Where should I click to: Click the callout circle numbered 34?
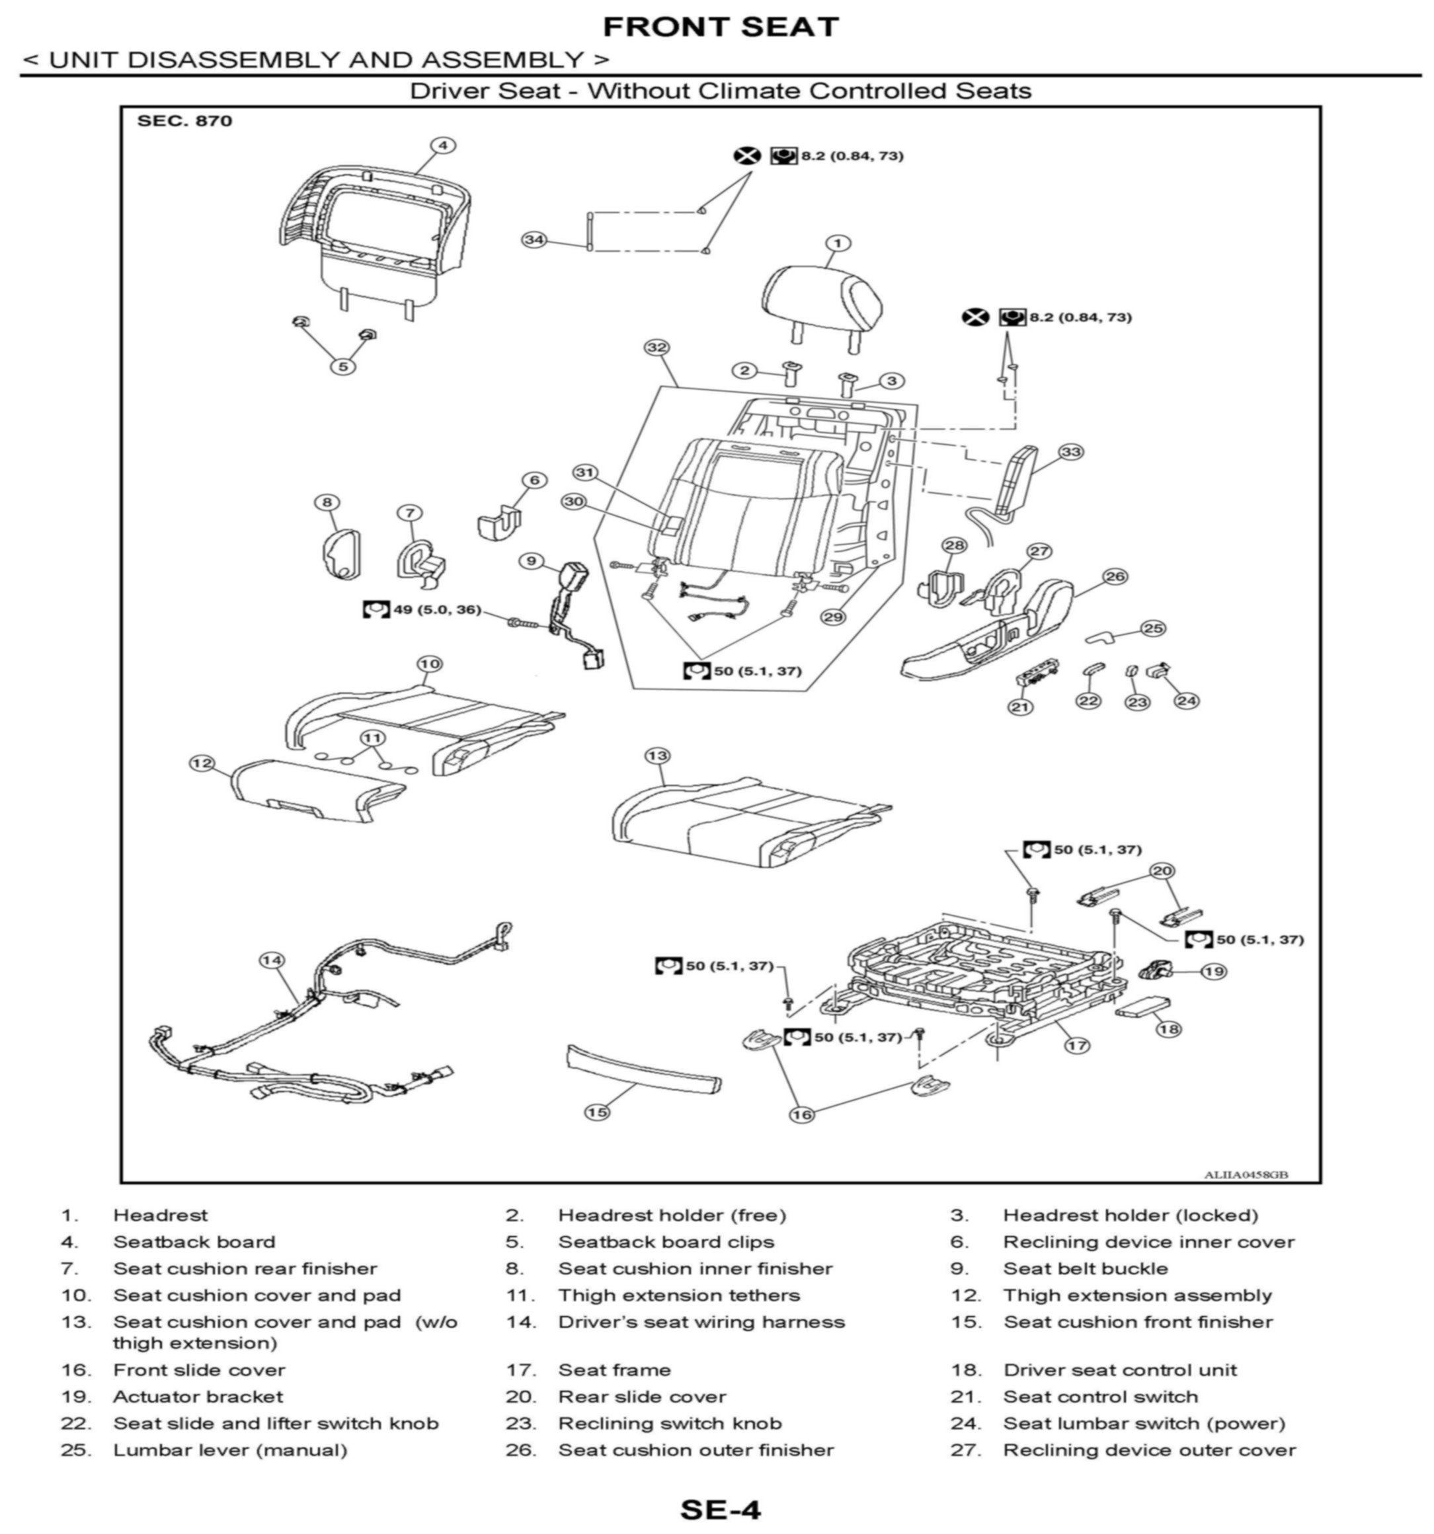pyautogui.click(x=534, y=239)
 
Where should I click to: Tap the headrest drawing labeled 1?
pyautogui.click(x=822, y=297)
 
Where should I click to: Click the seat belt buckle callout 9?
pyautogui.click(x=530, y=561)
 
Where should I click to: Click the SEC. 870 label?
pyautogui.click(x=184, y=121)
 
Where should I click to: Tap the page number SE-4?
pyautogui.click(x=720, y=1508)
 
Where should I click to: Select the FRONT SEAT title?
pyautogui.click(x=720, y=27)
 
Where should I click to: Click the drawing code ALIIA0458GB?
pyautogui.click(x=1246, y=1175)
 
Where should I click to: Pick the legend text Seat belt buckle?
pyautogui.click(x=1085, y=1268)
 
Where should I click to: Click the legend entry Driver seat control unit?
pyautogui.click(x=1120, y=1369)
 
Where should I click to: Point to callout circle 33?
pyautogui.click(x=1071, y=451)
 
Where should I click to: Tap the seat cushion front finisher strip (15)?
pyautogui.click(x=645, y=1069)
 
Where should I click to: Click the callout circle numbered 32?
pyautogui.click(x=656, y=348)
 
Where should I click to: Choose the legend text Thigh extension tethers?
pyautogui.click(x=679, y=1295)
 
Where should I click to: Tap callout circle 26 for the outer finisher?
pyautogui.click(x=1115, y=576)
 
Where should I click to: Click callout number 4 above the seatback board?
pyautogui.click(x=442, y=145)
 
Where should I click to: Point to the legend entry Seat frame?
pyautogui.click(x=614, y=1369)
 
